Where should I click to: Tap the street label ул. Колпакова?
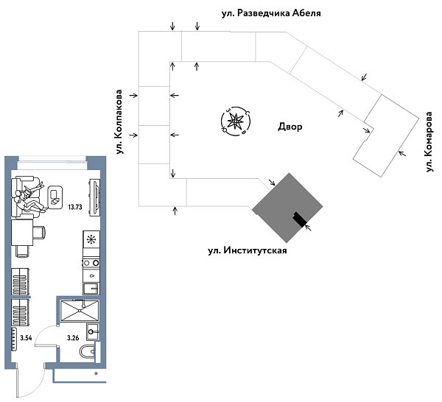coord(119,122)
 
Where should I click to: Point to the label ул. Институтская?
coord(246,250)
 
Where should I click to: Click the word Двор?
coord(290,127)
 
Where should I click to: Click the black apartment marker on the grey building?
coord(298,219)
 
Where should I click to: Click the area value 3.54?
coord(26,338)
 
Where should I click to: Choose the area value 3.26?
coord(73,338)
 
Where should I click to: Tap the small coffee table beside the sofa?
coord(54,195)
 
